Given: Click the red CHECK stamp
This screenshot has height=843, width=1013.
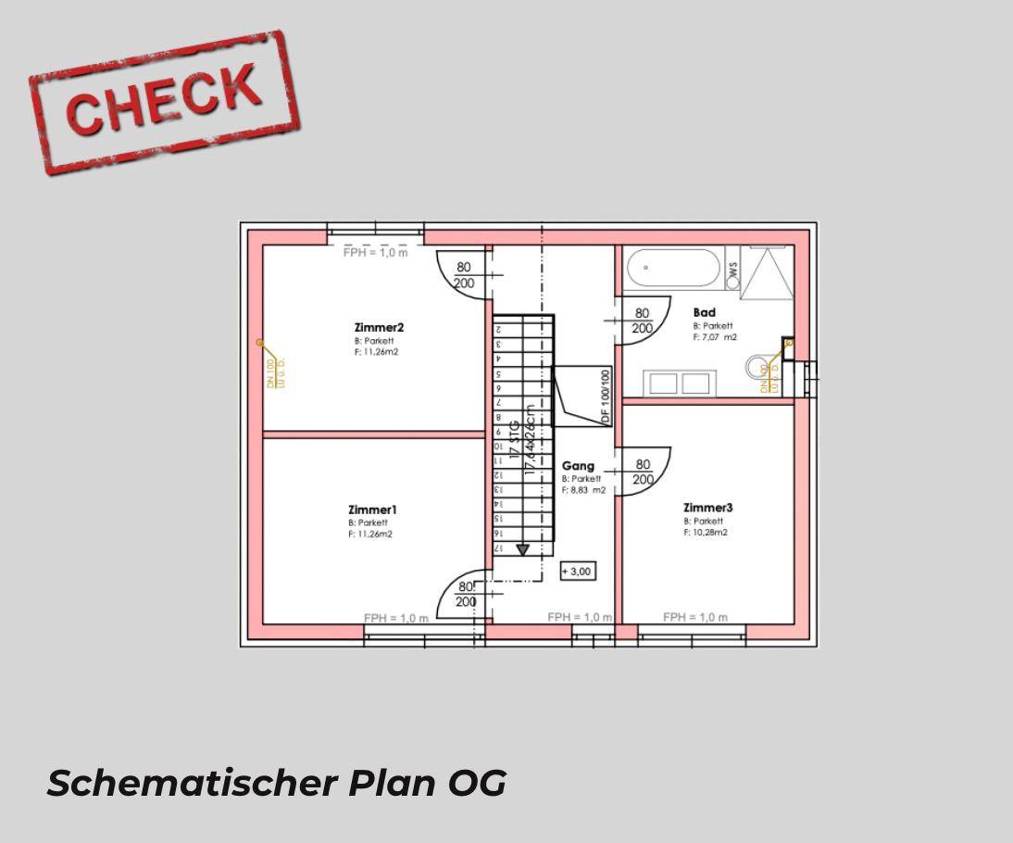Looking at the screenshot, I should click(164, 101).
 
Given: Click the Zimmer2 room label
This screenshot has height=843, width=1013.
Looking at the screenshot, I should click(379, 327).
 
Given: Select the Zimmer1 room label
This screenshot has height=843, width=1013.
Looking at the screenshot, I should click(372, 510).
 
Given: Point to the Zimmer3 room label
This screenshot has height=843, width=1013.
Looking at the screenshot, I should click(707, 508).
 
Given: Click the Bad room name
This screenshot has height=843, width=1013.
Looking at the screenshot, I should click(704, 313).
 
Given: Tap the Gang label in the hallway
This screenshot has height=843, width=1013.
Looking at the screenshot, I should click(578, 466).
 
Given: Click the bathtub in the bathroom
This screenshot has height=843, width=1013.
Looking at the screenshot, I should click(673, 269).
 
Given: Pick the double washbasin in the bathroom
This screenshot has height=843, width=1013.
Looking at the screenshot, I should click(681, 383).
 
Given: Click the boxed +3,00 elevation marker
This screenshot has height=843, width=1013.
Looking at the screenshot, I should click(577, 572).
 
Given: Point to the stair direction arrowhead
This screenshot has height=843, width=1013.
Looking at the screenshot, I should click(523, 549).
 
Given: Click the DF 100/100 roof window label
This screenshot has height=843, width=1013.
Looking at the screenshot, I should click(606, 396).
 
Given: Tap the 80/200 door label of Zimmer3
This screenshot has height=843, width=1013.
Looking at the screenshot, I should click(643, 472).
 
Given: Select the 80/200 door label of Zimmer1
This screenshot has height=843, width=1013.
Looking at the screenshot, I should click(466, 594).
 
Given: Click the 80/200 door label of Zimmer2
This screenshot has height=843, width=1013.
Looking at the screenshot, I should click(464, 275).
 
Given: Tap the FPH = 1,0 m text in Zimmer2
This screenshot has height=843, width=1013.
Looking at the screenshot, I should click(375, 252).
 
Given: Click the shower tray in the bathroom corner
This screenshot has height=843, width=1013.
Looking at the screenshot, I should click(767, 272).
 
